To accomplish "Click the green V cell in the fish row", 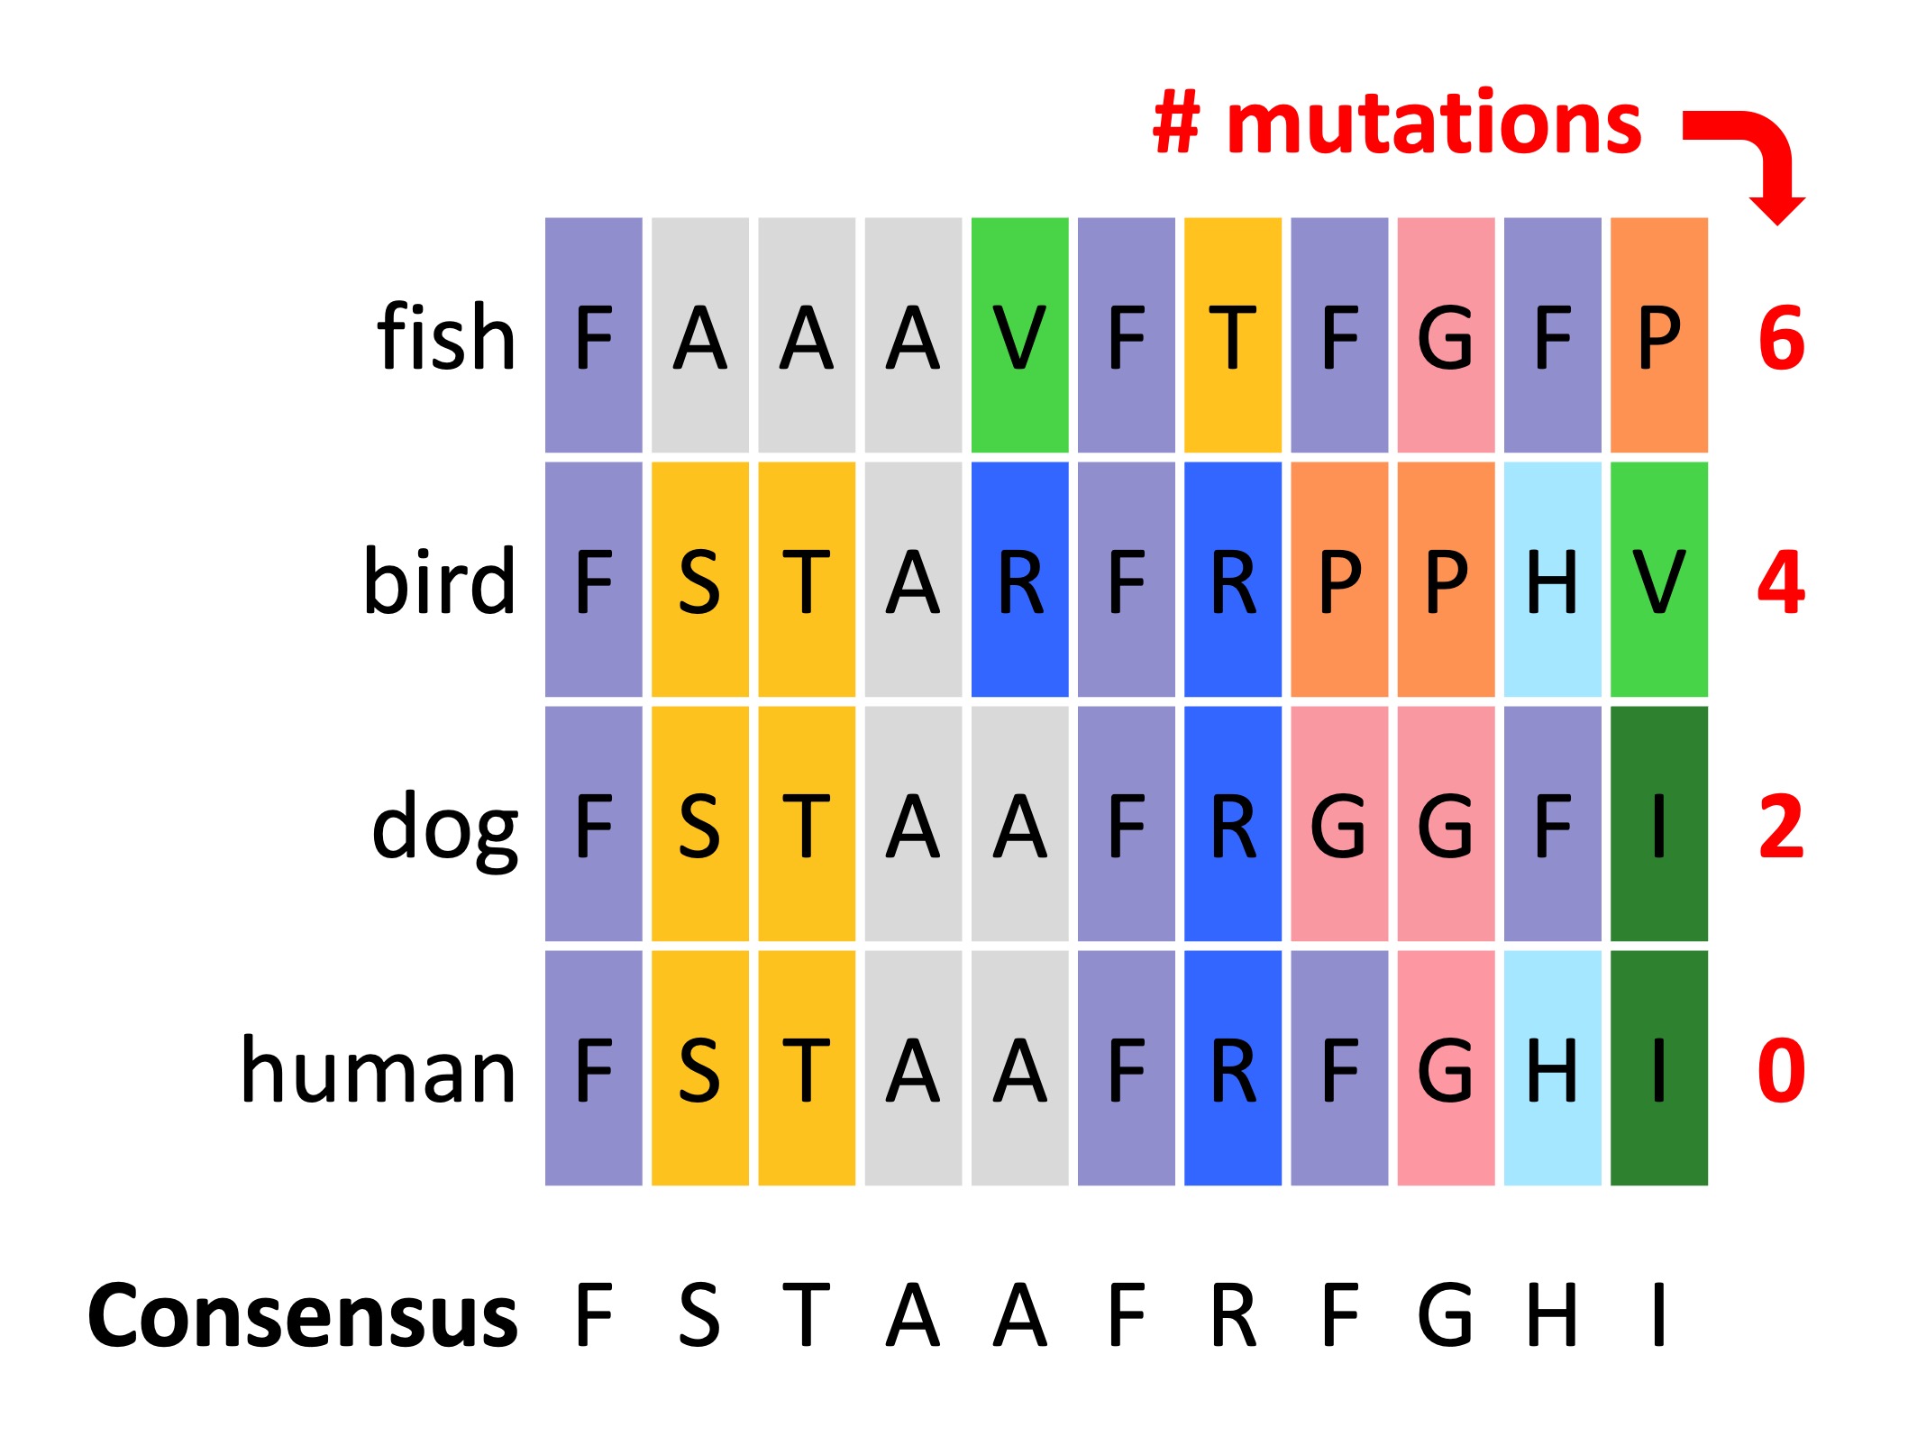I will pos(1019,334).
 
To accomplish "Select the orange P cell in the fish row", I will pos(1658,334).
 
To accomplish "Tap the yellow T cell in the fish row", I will pos(1232,334).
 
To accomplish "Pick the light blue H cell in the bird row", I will pos(1552,580).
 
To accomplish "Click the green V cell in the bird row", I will pos(1658,580).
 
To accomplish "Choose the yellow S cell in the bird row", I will pos(699,580).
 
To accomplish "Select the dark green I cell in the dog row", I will pos(1658,824).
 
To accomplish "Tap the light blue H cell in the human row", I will pos(1552,1068).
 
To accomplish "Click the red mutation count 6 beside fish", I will pos(1781,339).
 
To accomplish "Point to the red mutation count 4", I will pos(1781,583).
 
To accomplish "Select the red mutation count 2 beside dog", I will pos(1781,827).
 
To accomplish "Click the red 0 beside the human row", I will pos(1781,1071).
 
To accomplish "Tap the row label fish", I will pos(446,337).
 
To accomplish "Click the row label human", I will pos(379,1071).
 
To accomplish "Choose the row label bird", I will pos(439,581).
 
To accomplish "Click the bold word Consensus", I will pos(303,1316).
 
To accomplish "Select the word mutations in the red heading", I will pos(1434,124).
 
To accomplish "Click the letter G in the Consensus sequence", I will pos(1445,1316).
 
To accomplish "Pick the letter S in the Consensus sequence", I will pos(699,1316).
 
